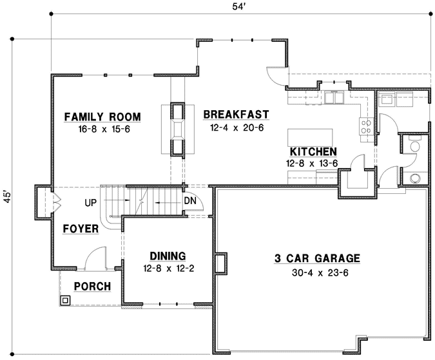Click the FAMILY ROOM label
[102, 117]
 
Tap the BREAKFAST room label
[236, 115]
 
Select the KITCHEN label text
[313, 152]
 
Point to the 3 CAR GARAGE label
[317, 258]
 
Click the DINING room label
[168, 256]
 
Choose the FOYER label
[81, 229]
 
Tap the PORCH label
[92, 287]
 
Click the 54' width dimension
[239, 7]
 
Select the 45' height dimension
[7, 196]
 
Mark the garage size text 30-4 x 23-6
[320, 273]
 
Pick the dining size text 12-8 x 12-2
[169, 269]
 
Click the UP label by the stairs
[91, 203]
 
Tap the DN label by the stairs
[190, 201]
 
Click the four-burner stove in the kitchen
[366, 126]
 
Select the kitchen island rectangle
[310, 137]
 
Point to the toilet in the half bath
[415, 144]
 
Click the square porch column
[66, 300]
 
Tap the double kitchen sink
[334, 97]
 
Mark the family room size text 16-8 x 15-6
[104, 129]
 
